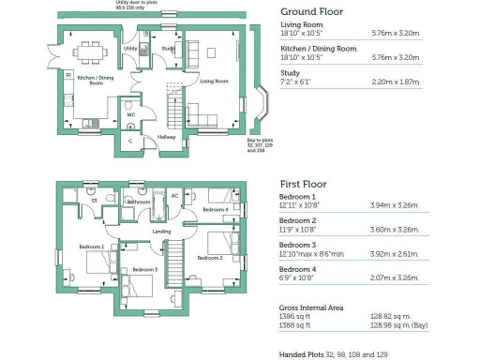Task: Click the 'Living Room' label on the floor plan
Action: pos(215,82)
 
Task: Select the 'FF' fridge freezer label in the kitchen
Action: pos(67,74)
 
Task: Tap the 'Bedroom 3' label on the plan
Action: pos(144,270)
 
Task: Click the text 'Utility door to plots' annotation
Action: pos(135,4)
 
